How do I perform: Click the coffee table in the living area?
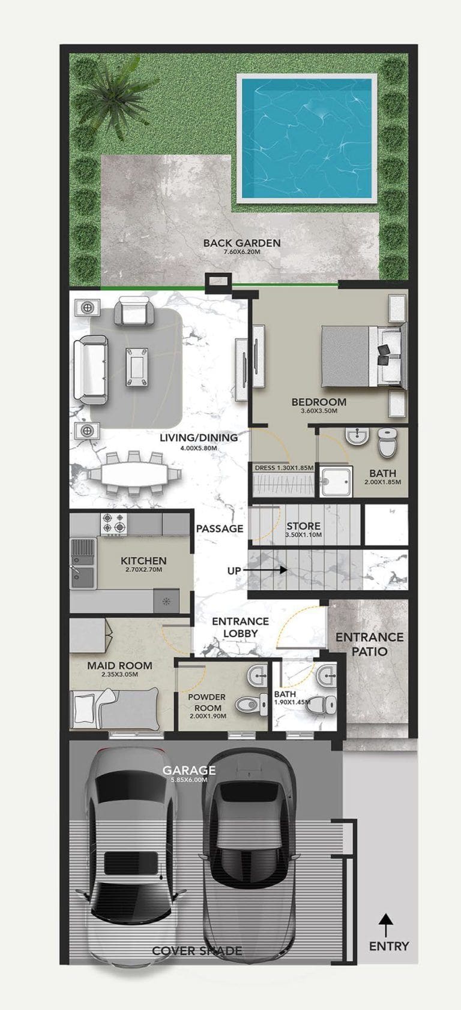click(137, 366)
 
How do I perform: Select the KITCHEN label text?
click(143, 561)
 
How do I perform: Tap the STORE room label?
click(303, 526)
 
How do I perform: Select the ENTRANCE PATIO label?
click(369, 644)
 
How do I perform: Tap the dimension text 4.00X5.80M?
click(198, 447)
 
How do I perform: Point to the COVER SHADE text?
click(197, 951)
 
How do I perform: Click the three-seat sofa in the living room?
click(89, 371)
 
